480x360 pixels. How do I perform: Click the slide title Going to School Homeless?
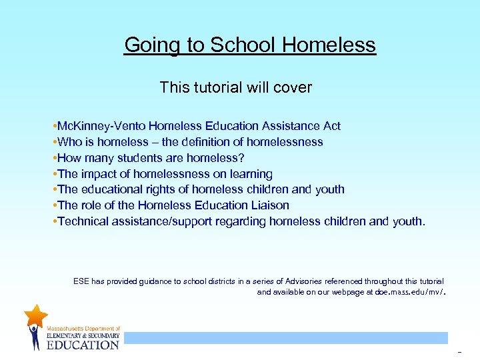(250, 45)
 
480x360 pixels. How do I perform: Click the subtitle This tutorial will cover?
(236, 87)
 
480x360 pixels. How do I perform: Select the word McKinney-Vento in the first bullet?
(101, 126)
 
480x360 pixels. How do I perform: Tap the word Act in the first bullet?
(331, 126)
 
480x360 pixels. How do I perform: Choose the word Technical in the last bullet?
(84, 221)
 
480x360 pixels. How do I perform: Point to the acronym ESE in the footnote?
(81, 282)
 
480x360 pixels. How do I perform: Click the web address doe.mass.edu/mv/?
(411, 292)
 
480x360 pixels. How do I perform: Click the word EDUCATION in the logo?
(83, 345)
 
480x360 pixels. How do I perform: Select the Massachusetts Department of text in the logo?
(83, 329)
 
